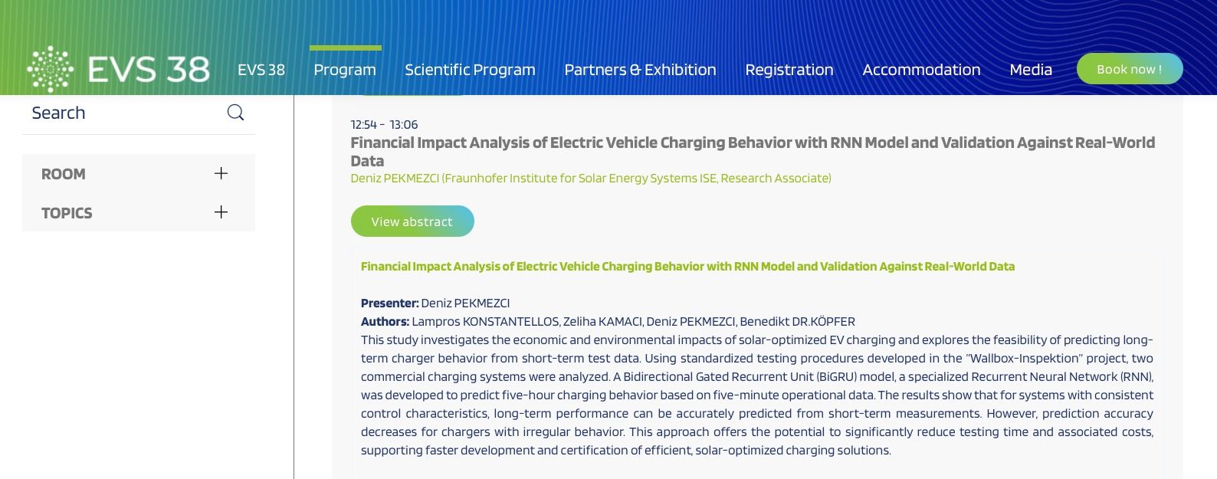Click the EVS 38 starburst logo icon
point(50,69)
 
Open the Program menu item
point(345,70)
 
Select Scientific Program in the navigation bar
point(470,70)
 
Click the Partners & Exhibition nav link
point(640,70)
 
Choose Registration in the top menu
point(789,70)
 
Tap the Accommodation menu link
point(921,70)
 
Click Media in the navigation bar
point(1031,70)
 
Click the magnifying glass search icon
point(235,113)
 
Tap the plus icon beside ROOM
point(221,173)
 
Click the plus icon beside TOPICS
point(221,212)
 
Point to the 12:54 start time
point(363,124)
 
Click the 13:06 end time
point(404,124)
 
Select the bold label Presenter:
point(389,303)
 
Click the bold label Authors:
point(385,322)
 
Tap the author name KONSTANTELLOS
point(510,322)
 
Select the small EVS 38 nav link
point(261,70)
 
